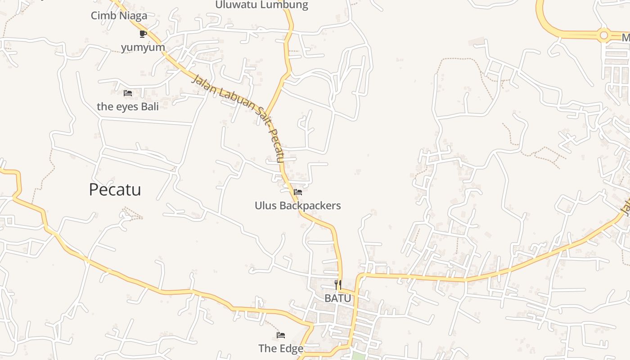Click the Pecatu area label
coord(115,189)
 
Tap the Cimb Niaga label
coord(119,16)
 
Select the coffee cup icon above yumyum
coord(143,34)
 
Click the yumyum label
coord(143,47)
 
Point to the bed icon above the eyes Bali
coord(128,93)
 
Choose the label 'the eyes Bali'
coord(128,107)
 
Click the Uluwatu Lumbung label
coord(261,5)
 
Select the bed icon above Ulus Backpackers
coord(297,192)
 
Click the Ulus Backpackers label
coord(297,206)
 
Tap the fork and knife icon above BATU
coord(337,284)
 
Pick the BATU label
coord(337,298)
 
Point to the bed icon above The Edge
coord(281,335)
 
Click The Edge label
coord(281,348)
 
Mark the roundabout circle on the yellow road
coord(603,35)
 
